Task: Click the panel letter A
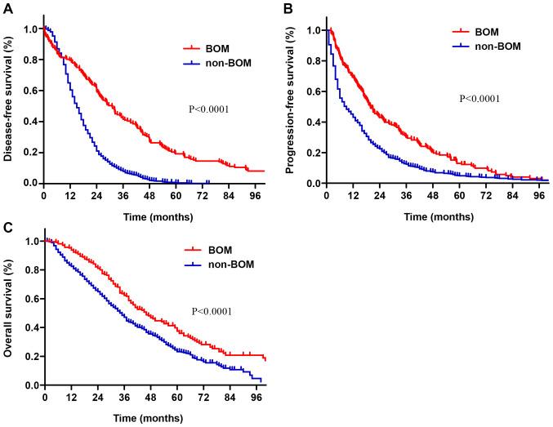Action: [x=7, y=8]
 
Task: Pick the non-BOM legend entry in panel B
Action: [x=497, y=47]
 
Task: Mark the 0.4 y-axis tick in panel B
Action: [x=312, y=122]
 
